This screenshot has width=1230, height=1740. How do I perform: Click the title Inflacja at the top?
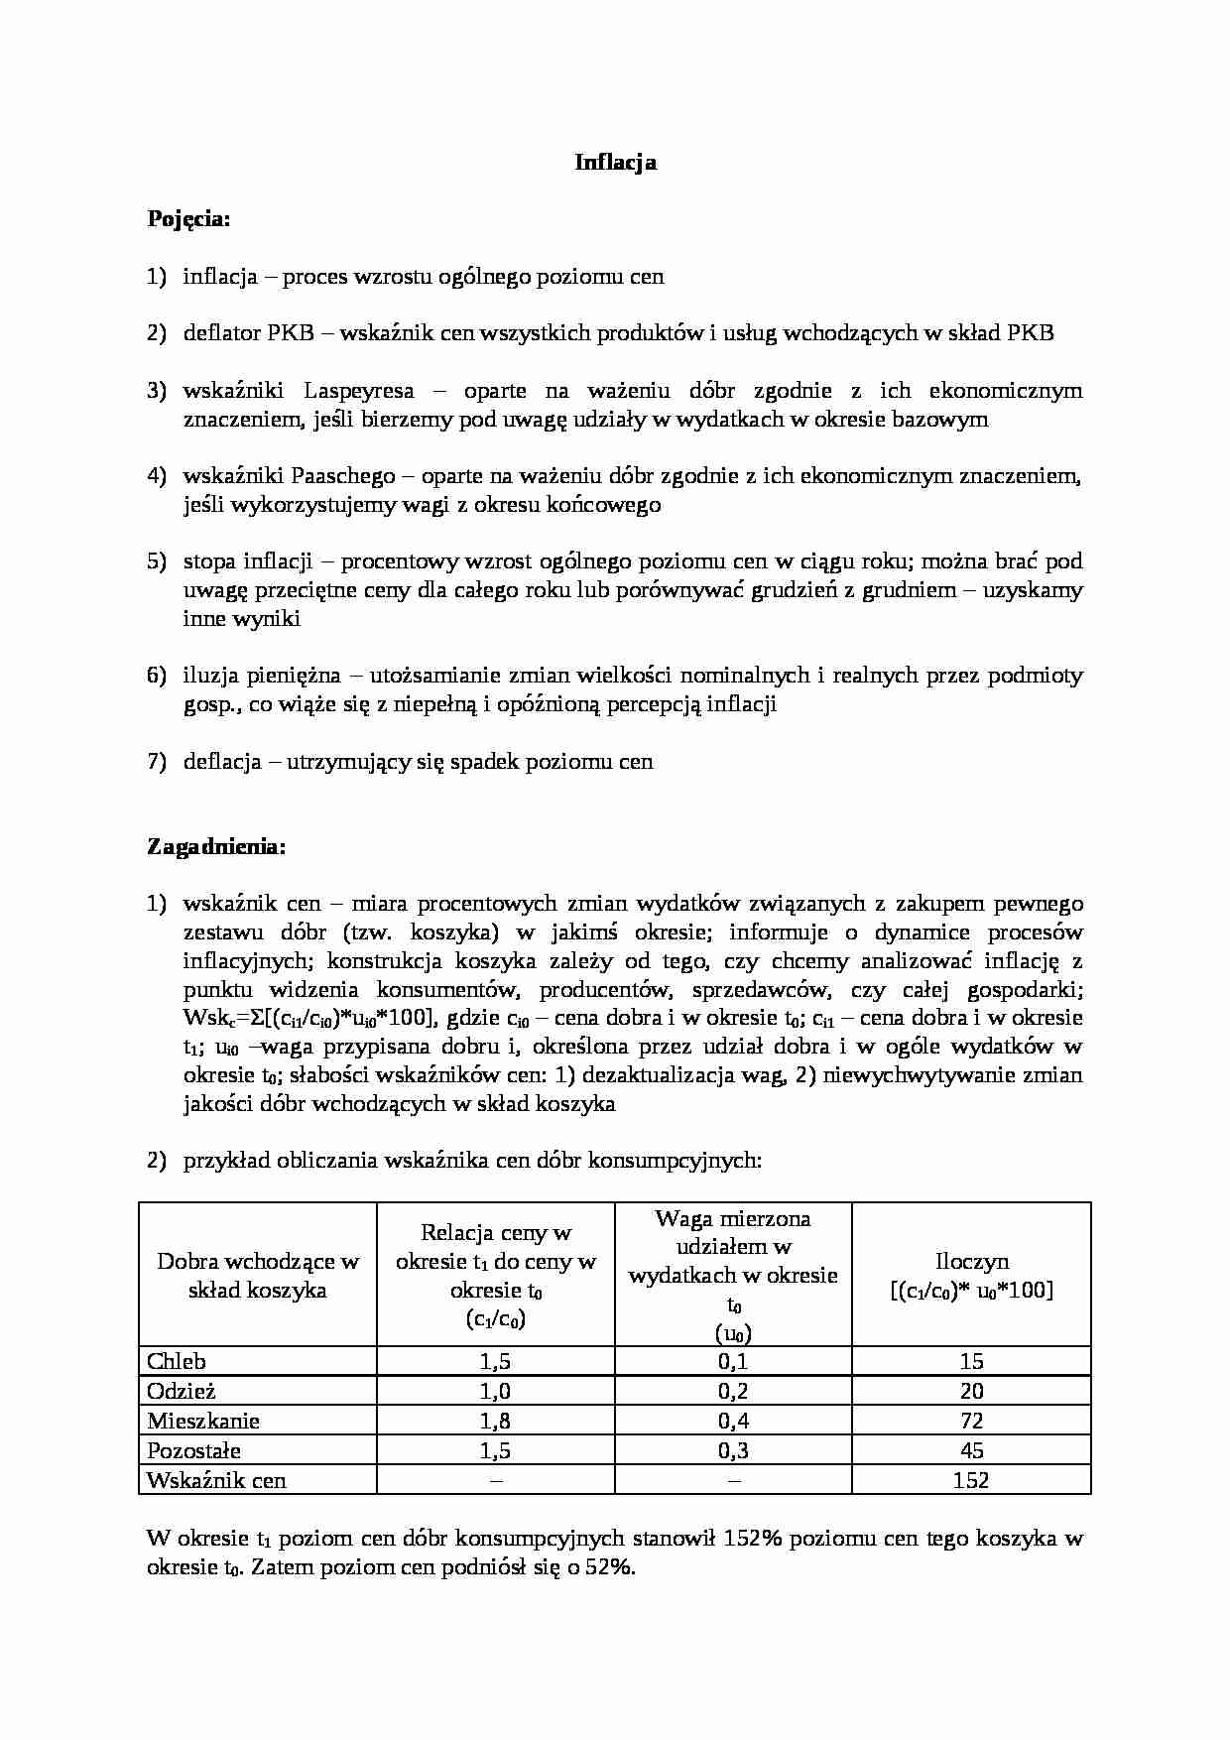click(x=615, y=163)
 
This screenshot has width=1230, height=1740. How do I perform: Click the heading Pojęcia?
click(x=188, y=219)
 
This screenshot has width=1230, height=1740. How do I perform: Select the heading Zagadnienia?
click(x=216, y=847)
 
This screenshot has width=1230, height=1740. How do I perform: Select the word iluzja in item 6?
click(x=208, y=677)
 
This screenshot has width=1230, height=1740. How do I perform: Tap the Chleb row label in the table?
click(x=177, y=1361)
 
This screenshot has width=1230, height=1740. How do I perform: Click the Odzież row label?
click(x=181, y=1391)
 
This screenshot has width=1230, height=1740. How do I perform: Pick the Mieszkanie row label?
click(x=202, y=1421)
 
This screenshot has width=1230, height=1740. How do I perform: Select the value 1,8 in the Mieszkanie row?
click(x=495, y=1421)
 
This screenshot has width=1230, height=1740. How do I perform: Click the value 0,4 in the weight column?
click(x=733, y=1421)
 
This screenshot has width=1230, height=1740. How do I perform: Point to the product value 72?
click(x=971, y=1421)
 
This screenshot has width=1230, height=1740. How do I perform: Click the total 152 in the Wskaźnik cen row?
click(x=971, y=1480)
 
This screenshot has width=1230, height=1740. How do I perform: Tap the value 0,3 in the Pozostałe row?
click(x=733, y=1450)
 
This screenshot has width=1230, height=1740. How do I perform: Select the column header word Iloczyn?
click(x=971, y=1262)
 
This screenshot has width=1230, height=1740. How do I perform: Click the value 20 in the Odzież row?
click(x=971, y=1391)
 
